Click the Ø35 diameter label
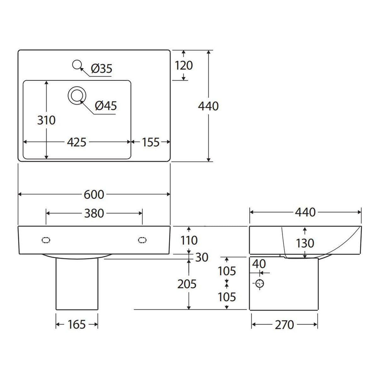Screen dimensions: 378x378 (x=102, y=69)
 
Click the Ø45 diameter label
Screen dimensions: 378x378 (x=106, y=106)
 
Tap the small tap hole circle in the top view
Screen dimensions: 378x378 (x=77, y=64)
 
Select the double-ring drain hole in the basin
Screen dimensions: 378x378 (x=77, y=95)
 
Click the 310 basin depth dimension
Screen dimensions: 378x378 (x=46, y=120)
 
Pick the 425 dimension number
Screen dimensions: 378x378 (x=77, y=142)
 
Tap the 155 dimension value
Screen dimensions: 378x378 (x=151, y=142)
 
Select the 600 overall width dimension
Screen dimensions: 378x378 (x=94, y=194)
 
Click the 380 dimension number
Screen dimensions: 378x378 (x=94, y=213)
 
